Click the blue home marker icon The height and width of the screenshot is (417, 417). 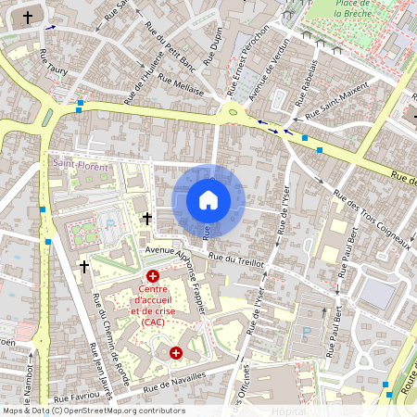coord(208,200)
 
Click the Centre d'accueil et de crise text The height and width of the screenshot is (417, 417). coord(153,309)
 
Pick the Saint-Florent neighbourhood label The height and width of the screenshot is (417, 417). coord(80,167)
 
